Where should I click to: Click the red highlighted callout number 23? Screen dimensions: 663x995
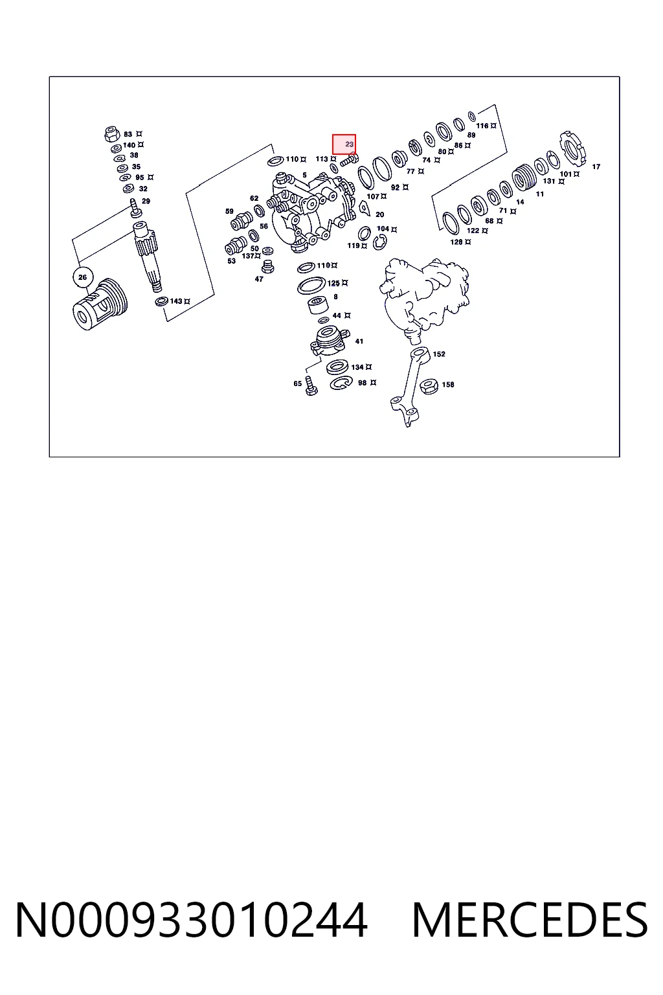coord(349,144)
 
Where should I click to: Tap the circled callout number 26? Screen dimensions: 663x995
coord(83,277)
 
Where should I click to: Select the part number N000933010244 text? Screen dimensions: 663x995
coord(192,920)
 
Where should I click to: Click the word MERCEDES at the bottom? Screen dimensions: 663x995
coord(530,920)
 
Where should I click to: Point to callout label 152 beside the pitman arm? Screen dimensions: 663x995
coord(439,354)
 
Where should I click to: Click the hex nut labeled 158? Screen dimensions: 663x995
coord(428,385)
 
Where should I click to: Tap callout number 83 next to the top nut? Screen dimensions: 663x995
coord(128,134)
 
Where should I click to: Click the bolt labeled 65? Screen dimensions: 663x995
coord(311,385)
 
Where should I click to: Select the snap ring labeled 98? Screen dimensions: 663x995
coord(341,382)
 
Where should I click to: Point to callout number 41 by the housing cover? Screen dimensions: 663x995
coord(359,341)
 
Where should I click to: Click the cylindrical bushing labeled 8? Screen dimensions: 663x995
coord(319,305)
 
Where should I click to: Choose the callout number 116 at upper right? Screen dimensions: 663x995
coord(482,126)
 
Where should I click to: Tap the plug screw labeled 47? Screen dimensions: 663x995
coord(268,266)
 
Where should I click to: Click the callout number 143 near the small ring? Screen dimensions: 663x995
coord(176,301)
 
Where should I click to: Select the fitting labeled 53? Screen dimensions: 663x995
coord(236,246)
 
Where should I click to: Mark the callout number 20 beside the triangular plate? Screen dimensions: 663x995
coord(379,214)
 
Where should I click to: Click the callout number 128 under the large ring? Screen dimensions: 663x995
coord(456,242)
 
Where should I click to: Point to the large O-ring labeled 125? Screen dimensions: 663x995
coord(311,285)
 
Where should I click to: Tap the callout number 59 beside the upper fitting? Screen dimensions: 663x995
coord(229,211)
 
